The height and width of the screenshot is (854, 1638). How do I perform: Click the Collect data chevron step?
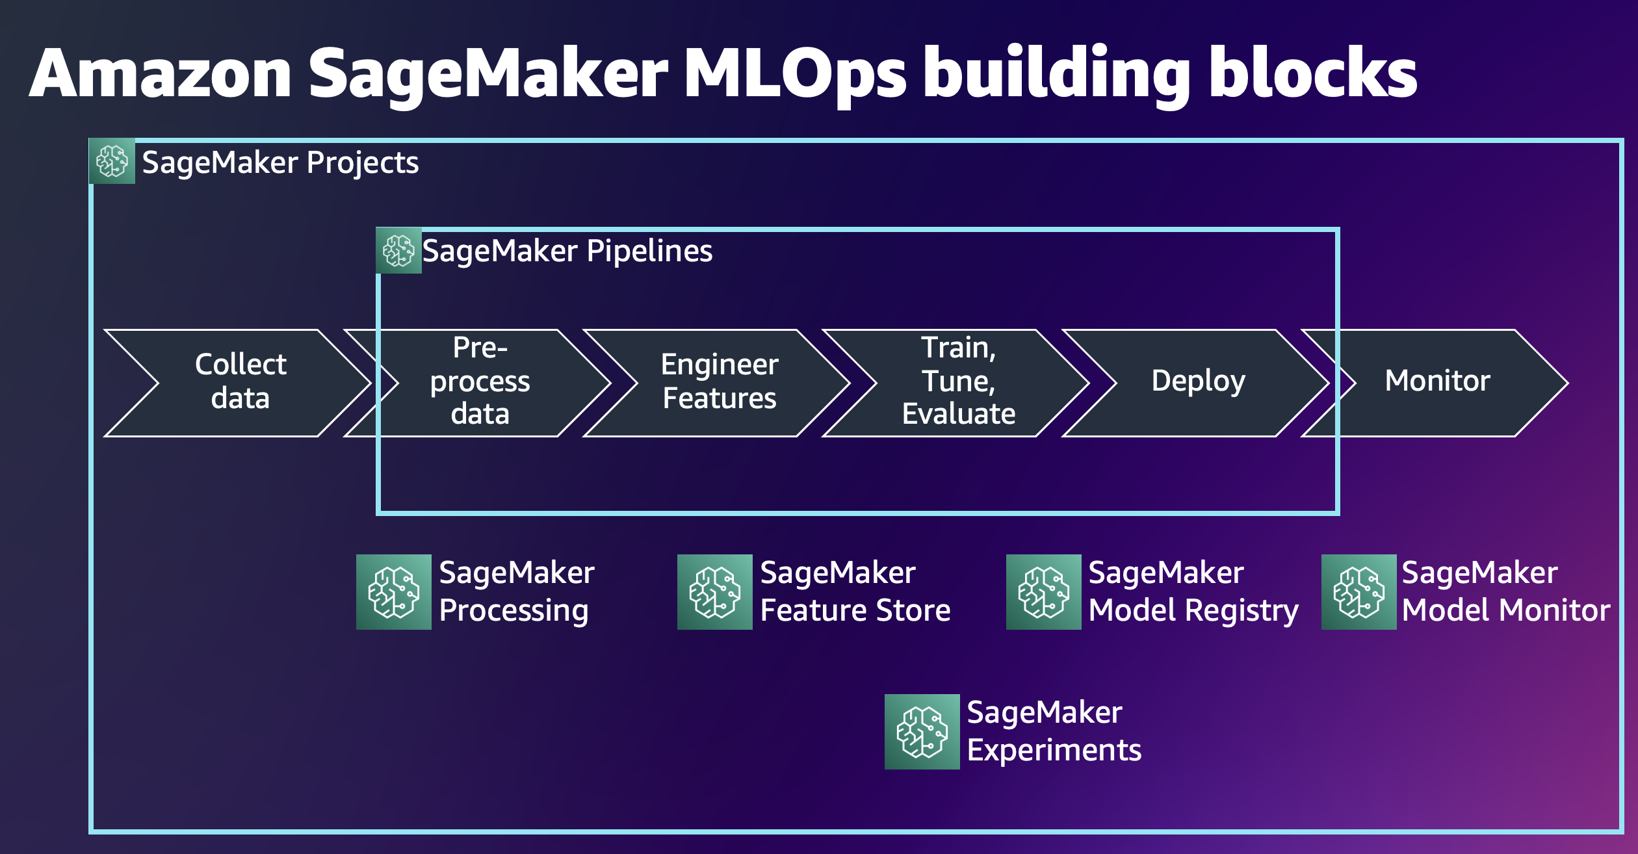[x=240, y=382]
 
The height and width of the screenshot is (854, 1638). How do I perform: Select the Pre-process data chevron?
[x=480, y=382]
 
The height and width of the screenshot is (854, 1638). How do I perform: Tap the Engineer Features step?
[x=719, y=382]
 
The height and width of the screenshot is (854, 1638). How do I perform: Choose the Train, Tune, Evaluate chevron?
[x=958, y=382]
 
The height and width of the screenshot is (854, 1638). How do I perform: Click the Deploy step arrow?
[x=1198, y=382]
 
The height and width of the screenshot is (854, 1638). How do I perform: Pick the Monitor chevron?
[x=1437, y=382]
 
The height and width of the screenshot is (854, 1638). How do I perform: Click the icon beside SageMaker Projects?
[x=112, y=161]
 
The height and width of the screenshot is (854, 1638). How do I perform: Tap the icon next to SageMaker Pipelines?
[x=398, y=251]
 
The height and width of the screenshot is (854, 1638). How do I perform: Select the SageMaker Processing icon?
[x=394, y=592]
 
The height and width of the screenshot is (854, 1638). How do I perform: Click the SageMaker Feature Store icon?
[x=715, y=592]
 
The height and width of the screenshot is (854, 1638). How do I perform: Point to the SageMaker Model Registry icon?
[x=1044, y=592]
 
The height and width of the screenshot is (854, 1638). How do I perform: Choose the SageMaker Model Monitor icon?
[x=1359, y=592]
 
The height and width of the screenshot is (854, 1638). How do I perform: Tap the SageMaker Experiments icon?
[x=922, y=732]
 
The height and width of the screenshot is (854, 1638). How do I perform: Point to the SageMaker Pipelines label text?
[x=567, y=251]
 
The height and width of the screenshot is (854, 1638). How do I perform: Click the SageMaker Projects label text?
[x=280, y=162]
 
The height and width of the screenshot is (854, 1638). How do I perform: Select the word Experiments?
[x=1054, y=751]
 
